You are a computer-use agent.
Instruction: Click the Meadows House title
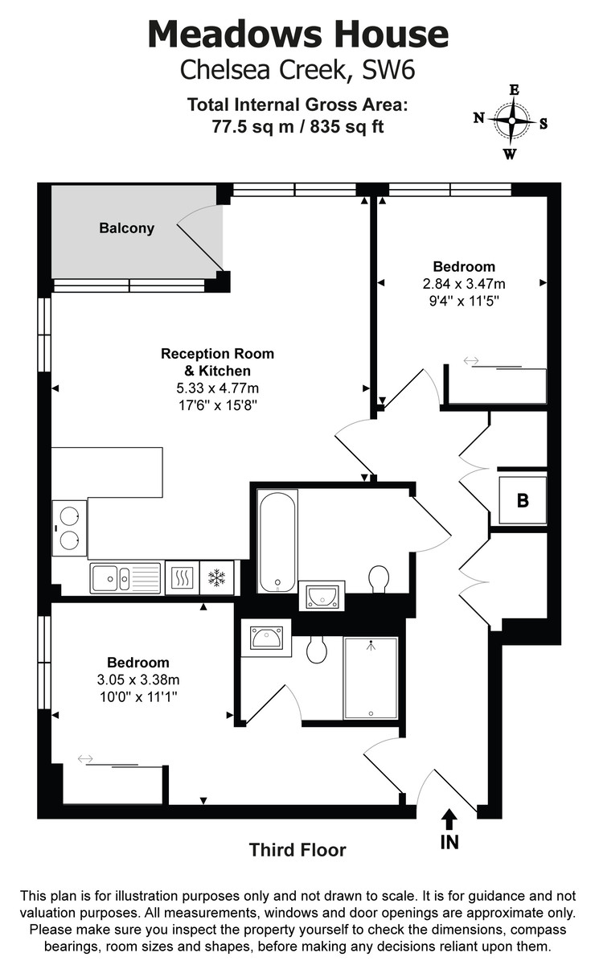(297, 34)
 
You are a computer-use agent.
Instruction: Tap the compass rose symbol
(511, 122)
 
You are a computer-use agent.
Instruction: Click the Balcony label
(126, 228)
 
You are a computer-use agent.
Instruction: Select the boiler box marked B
(523, 501)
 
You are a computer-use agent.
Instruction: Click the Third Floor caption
(297, 850)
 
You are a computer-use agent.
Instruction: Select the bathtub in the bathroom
(277, 541)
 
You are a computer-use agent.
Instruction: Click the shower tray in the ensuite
(371, 678)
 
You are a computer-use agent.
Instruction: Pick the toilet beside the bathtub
(379, 577)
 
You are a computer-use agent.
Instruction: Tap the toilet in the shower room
(317, 649)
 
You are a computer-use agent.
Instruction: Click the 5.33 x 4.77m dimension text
(217, 389)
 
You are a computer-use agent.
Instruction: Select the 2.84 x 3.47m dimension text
(464, 284)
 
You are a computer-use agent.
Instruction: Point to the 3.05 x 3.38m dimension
(138, 680)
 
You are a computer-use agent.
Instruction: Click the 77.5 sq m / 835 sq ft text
(297, 126)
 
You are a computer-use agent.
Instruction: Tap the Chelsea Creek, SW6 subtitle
(297, 71)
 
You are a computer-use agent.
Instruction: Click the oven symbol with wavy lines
(181, 577)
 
